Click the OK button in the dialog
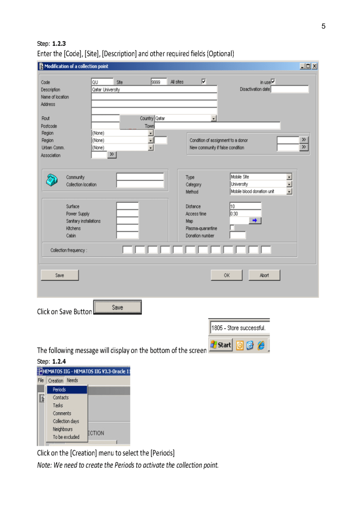[x=226, y=275]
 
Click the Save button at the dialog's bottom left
[x=60, y=275]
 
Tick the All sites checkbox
[x=203, y=82]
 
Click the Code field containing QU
[x=102, y=82]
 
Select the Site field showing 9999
[x=159, y=82]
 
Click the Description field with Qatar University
[x=154, y=89]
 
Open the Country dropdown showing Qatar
[x=214, y=118]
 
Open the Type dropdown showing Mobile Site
[x=289, y=176]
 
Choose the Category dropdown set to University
[x=289, y=184]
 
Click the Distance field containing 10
[x=245, y=206]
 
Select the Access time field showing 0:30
[x=245, y=213]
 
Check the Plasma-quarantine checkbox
[x=232, y=228]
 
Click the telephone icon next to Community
[x=51, y=180]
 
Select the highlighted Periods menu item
[x=67, y=390]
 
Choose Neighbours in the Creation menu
[x=63, y=429]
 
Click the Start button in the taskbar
[x=221, y=344]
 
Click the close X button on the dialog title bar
[x=314, y=66]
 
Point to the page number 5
[x=323, y=26]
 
